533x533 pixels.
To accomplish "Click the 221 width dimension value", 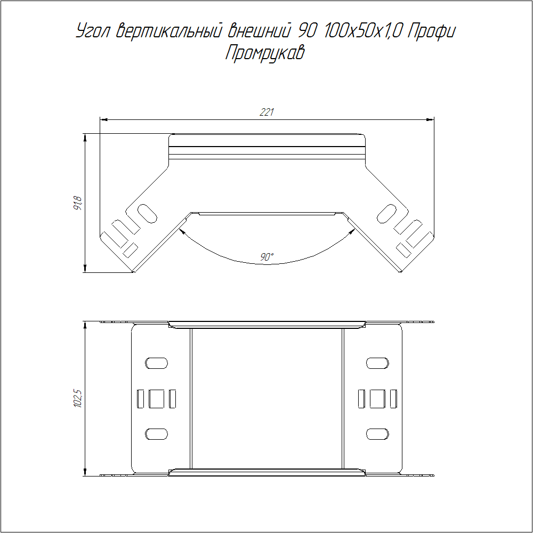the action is click(x=267, y=112).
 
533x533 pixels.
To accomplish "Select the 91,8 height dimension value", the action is click(x=78, y=203).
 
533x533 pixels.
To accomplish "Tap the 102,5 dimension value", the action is click(x=78, y=398).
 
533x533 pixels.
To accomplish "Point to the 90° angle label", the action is click(x=267, y=257).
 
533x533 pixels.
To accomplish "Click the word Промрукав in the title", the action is click(x=265, y=53).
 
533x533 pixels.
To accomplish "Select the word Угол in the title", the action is click(x=92, y=31).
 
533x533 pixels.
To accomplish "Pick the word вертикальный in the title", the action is click(x=169, y=31).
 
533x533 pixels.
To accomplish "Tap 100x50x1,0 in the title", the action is click(x=363, y=31).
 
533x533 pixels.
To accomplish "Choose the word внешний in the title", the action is click(x=260, y=31).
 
